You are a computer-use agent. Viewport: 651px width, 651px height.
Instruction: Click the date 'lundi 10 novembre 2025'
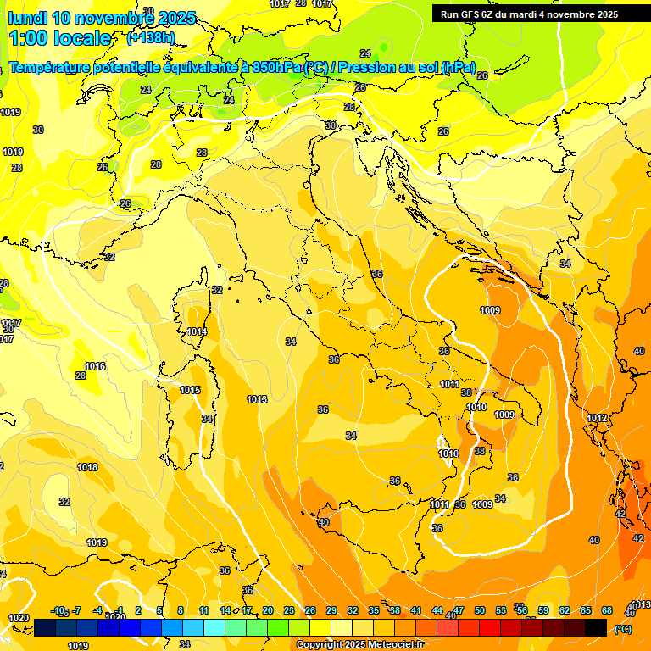click(102, 18)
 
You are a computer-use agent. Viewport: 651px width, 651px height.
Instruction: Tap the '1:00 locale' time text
click(59, 38)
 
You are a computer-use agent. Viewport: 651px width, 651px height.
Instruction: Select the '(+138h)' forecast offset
click(150, 38)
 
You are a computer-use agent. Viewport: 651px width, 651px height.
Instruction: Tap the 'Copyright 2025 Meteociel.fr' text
click(360, 645)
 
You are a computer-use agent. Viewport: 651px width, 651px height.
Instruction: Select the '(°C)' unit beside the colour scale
click(622, 630)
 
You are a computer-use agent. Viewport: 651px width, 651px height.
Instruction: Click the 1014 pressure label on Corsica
click(197, 332)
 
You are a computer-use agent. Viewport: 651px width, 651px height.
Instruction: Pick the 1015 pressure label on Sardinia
click(190, 391)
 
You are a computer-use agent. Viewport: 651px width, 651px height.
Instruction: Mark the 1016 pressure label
click(95, 367)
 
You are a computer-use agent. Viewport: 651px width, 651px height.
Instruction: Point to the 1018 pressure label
click(87, 467)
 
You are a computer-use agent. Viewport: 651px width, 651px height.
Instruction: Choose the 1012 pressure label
click(597, 418)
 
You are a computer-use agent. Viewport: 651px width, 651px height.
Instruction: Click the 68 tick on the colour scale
click(607, 610)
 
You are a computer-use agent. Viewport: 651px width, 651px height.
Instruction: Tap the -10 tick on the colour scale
click(58, 610)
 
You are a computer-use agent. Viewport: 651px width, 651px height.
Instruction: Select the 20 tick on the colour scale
click(268, 610)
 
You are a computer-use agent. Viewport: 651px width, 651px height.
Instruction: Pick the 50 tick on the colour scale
click(480, 610)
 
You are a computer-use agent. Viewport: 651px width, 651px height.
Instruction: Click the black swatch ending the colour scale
click(596, 626)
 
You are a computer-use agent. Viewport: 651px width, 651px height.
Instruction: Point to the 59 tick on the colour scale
click(543, 610)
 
